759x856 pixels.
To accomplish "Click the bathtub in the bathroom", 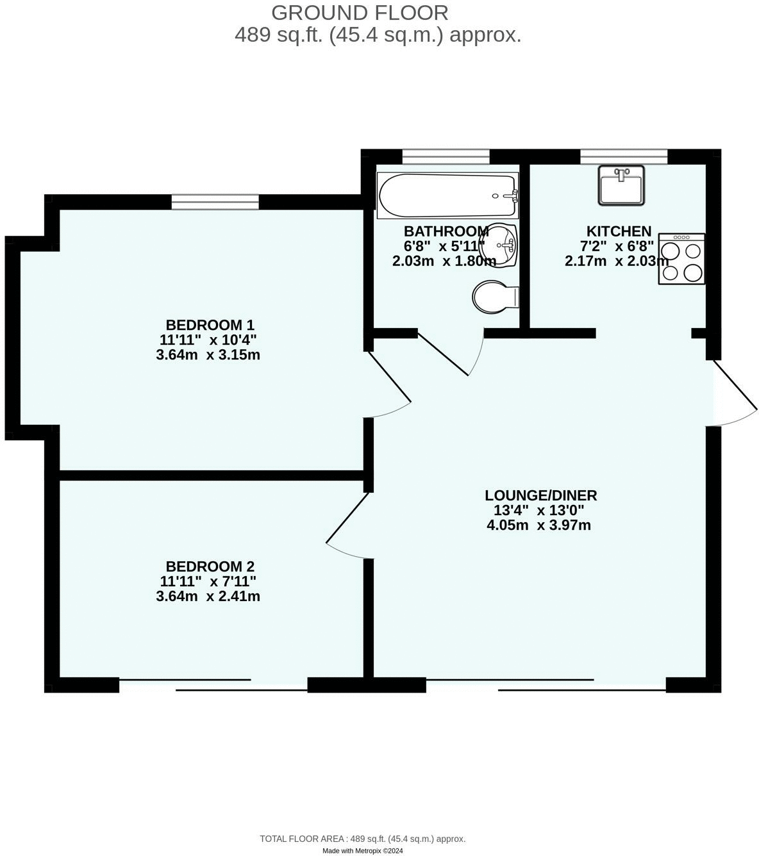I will click(447, 195).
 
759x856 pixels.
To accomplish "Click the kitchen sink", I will click(621, 185).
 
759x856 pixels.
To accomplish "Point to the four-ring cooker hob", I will click(681, 259).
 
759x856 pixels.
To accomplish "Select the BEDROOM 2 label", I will click(210, 566).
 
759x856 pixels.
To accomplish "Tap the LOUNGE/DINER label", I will click(540, 495).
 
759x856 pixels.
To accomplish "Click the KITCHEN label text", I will click(619, 231).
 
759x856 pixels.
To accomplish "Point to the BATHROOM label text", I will click(446, 231).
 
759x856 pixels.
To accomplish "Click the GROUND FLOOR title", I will click(360, 13).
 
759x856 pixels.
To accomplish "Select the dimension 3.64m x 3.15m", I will click(208, 354).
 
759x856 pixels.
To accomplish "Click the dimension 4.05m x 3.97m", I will click(538, 525).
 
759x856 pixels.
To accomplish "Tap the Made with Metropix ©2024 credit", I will click(362, 851).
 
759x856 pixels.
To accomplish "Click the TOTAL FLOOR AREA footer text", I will click(362, 839).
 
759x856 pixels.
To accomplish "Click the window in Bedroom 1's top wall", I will click(215, 202).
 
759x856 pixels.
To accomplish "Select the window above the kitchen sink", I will click(623, 156).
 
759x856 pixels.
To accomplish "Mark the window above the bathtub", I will click(446, 156).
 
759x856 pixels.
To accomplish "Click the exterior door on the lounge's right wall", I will click(734, 394).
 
